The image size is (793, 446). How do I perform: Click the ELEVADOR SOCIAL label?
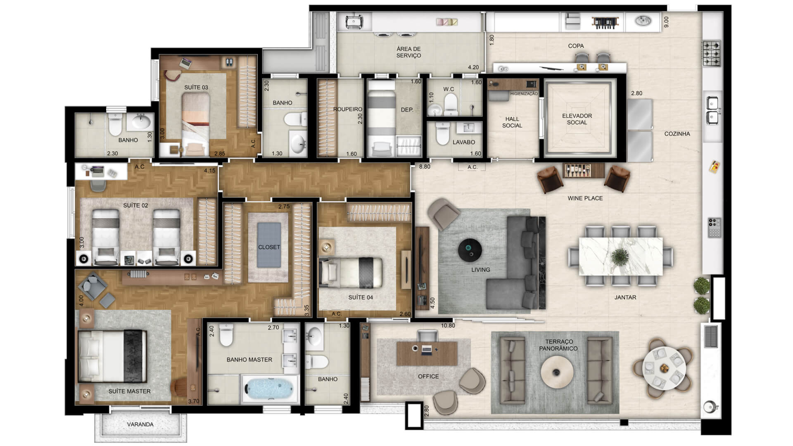(x=577, y=119)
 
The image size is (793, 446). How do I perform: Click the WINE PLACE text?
(x=585, y=198)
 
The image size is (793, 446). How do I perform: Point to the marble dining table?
(x=621, y=256)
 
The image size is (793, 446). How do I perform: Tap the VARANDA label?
(x=140, y=424)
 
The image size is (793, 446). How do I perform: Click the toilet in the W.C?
(x=451, y=104)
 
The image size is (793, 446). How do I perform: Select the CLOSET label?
(x=269, y=247)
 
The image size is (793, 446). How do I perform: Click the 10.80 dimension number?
(x=448, y=325)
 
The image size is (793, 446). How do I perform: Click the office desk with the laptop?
(x=427, y=353)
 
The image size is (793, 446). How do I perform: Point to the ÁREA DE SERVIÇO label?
(x=408, y=52)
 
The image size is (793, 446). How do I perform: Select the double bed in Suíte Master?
(x=112, y=356)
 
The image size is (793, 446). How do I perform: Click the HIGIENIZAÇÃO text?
(x=524, y=94)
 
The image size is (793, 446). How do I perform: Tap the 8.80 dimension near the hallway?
(x=425, y=167)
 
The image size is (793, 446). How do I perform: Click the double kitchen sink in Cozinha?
(x=713, y=110)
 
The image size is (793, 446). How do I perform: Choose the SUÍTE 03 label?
(x=196, y=88)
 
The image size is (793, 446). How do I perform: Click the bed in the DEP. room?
(x=382, y=119)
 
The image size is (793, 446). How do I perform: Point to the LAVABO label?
(x=463, y=142)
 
